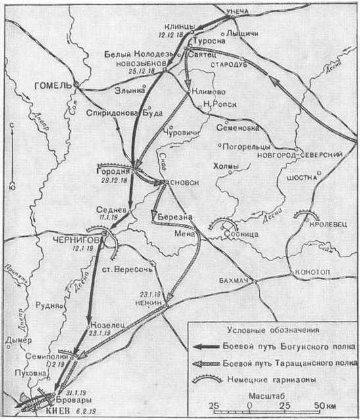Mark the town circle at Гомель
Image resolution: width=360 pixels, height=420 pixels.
pyautogui.click(x=76, y=85)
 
